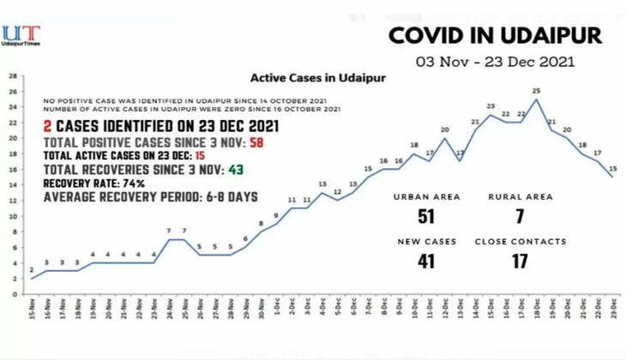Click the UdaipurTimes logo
click(x=21, y=35)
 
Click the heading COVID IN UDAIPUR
click(x=495, y=35)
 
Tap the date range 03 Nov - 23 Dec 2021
click(x=495, y=62)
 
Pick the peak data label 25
click(x=536, y=91)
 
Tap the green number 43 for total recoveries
click(x=235, y=169)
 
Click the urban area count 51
click(x=425, y=215)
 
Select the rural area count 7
click(x=521, y=215)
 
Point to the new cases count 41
click(x=426, y=261)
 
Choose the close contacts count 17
click(x=520, y=261)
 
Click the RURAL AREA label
click(x=520, y=196)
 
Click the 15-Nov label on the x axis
click(x=32, y=309)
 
